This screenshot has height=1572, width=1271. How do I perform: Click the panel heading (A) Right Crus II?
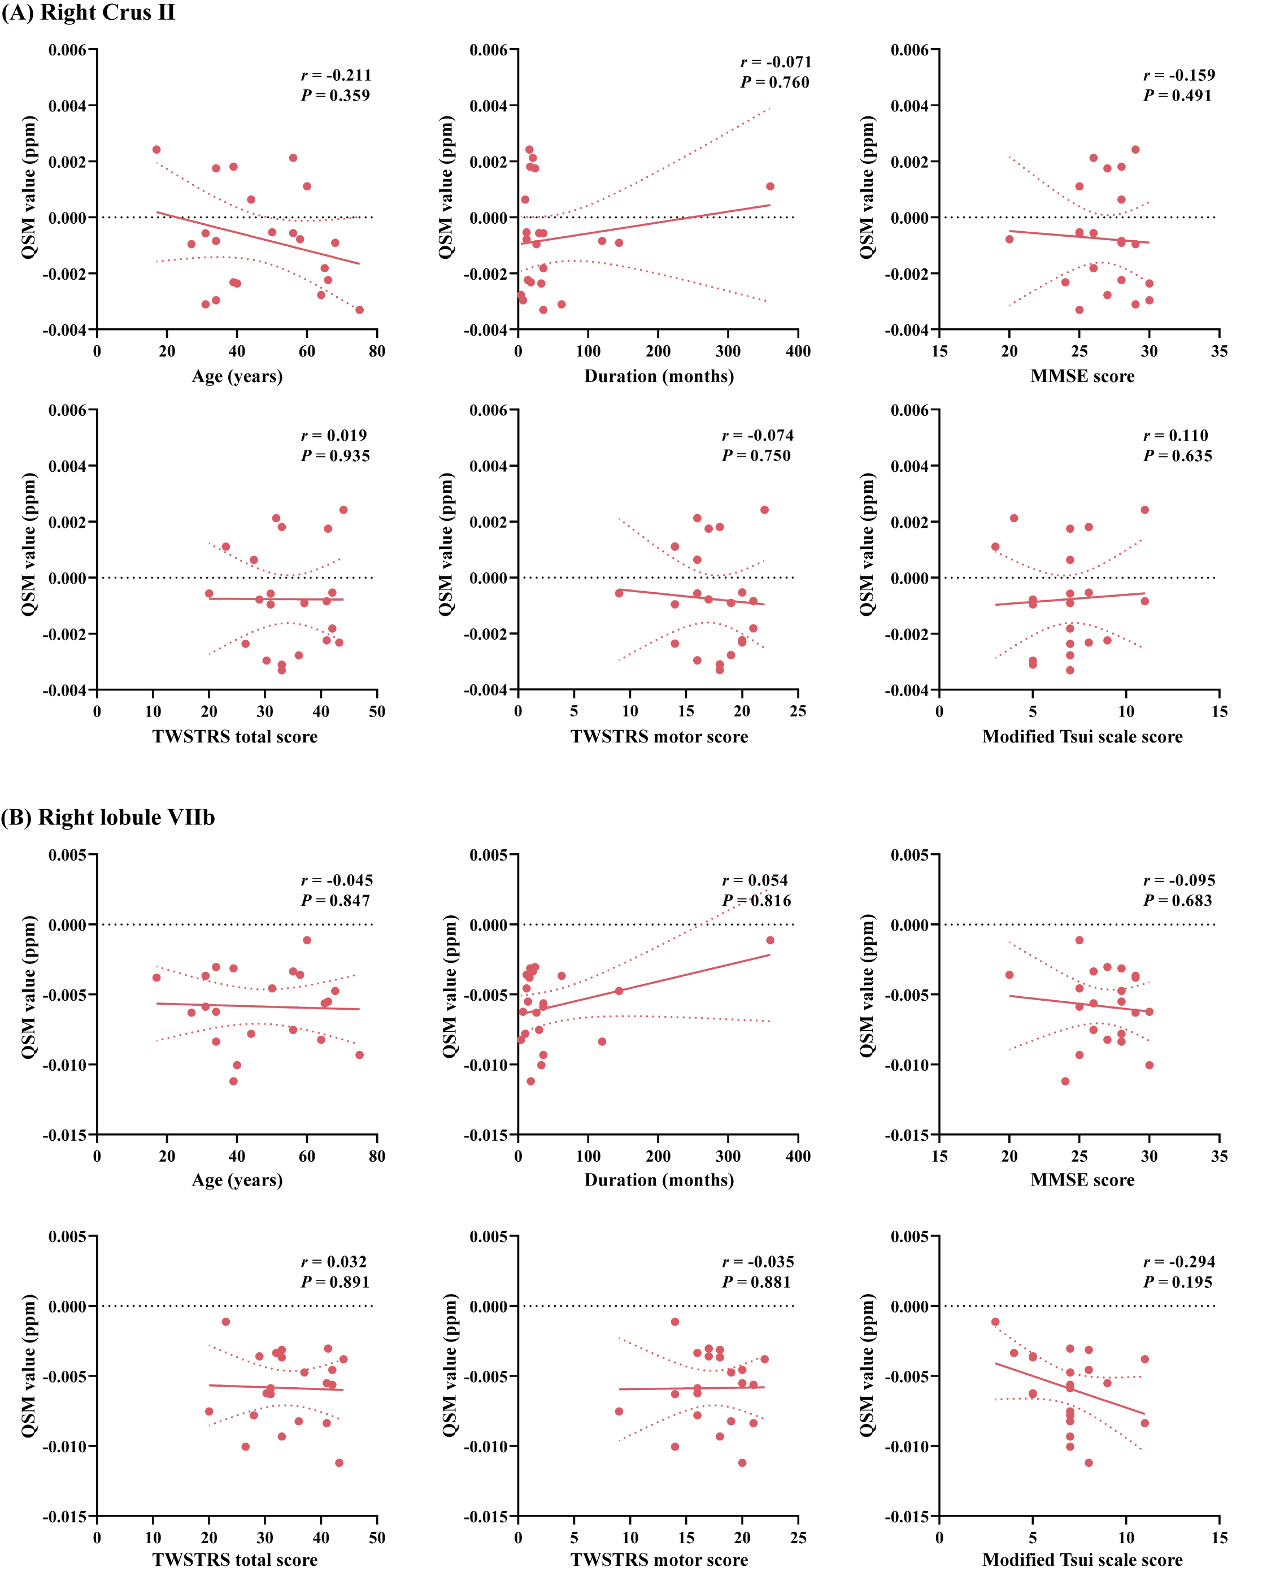tap(89, 13)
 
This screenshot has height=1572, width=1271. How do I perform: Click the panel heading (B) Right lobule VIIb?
tap(108, 817)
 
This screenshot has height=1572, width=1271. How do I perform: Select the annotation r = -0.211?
tap(336, 75)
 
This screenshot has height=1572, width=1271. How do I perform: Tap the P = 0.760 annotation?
tap(774, 82)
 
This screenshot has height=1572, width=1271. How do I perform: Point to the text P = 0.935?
tap(336, 455)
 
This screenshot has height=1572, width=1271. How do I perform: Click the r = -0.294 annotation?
tap(1179, 1262)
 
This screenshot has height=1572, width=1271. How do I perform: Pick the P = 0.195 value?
tap(1177, 1282)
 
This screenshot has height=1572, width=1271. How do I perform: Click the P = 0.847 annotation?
tap(336, 901)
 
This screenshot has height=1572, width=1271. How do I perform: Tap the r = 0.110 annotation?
tap(1176, 435)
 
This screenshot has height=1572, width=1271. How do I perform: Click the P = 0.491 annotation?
tap(1177, 95)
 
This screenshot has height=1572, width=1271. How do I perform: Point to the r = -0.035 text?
tap(758, 1262)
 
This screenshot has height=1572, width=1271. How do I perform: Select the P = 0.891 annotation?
tap(336, 1282)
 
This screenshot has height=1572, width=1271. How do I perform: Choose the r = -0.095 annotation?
tap(1179, 880)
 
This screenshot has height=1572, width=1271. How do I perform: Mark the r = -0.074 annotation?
tap(758, 435)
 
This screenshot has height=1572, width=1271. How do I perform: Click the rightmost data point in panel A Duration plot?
tap(770, 186)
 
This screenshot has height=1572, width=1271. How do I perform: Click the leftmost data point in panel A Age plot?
tap(156, 149)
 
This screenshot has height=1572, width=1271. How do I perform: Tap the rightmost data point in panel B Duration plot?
tap(770, 940)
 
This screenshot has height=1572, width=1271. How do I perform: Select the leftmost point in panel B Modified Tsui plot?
tap(995, 1322)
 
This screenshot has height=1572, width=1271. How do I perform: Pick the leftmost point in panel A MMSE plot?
tap(1009, 238)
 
